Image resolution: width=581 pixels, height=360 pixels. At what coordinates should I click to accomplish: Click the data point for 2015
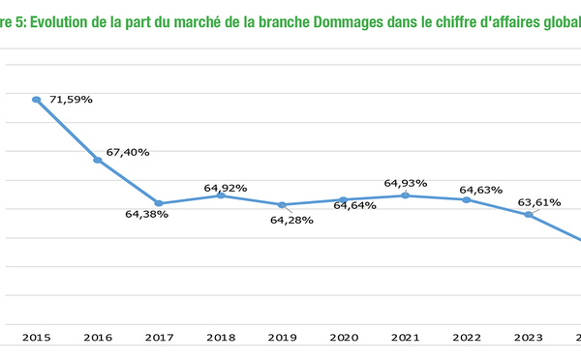click(x=36, y=100)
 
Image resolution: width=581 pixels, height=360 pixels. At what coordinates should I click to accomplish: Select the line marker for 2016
click(x=98, y=160)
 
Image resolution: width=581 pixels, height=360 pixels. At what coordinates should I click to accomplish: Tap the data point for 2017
click(x=159, y=204)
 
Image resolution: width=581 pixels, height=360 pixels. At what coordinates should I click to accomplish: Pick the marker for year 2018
click(x=221, y=195)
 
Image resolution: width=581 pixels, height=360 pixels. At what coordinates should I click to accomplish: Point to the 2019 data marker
click(x=282, y=205)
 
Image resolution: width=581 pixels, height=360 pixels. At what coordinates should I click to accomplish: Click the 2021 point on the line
click(x=405, y=195)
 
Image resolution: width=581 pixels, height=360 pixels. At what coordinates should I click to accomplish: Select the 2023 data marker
click(x=528, y=214)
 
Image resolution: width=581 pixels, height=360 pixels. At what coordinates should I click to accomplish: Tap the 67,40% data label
click(x=127, y=152)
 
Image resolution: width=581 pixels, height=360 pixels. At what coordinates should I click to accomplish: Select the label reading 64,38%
click(x=146, y=214)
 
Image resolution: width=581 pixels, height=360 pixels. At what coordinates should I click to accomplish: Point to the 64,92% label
click(x=225, y=187)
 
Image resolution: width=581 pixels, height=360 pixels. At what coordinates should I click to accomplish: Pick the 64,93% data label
click(x=406, y=183)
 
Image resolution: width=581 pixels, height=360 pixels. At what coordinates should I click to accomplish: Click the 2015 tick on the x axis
click(x=36, y=338)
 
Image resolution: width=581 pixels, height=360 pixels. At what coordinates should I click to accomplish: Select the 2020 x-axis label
click(x=344, y=338)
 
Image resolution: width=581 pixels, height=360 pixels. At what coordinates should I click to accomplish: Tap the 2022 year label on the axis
click(x=467, y=338)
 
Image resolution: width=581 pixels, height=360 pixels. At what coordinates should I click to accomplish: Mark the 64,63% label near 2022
click(x=480, y=190)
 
